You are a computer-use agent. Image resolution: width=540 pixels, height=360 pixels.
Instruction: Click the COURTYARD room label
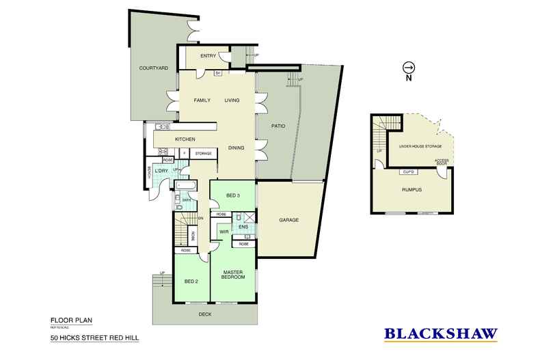tap(153, 68)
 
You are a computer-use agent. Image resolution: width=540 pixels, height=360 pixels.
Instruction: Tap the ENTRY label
tap(208, 56)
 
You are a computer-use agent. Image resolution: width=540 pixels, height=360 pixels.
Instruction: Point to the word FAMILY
tap(201, 101)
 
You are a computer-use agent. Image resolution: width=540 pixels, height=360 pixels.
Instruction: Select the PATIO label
tap(278, 126)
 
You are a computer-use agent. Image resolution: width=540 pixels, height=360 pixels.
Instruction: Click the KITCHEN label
tap(185, 139)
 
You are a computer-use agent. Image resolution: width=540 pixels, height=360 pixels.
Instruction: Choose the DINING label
tap(237, 148)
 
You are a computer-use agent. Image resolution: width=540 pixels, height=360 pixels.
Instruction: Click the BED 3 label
tap(232, 196)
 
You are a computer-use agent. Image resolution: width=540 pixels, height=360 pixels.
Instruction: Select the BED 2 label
tap(191, 281)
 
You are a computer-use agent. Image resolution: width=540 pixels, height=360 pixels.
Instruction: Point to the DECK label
tap(205, 315)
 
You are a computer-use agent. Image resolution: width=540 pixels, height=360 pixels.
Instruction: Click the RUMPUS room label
tap(412, 190)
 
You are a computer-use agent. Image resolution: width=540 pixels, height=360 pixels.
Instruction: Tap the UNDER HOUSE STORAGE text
tap(415, 147)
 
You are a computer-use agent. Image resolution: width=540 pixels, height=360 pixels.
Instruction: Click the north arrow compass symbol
tap(409, 68)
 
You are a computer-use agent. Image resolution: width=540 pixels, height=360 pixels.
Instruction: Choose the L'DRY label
tap(162, 170)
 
